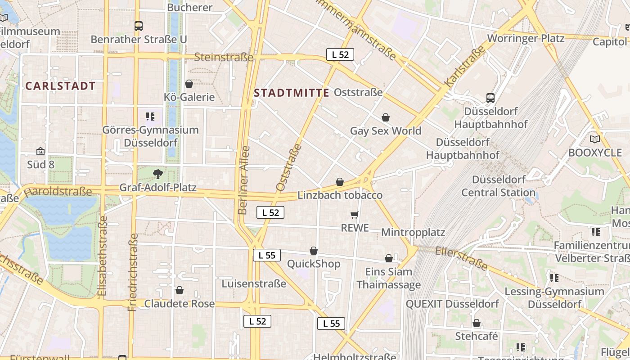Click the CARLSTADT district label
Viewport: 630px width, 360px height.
(x=60, y=86)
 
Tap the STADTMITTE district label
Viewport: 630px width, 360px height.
(x=292, y=93)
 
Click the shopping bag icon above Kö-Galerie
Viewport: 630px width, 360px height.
(x=189, y=84)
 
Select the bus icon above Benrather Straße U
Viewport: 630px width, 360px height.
(x=139, y=26)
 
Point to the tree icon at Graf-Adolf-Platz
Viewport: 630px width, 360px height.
(x=157, y=174)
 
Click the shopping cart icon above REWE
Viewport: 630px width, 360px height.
(x=355, y=215)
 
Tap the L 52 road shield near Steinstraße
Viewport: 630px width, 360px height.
(x=340, y=54)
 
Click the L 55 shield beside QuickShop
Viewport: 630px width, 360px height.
(x=267, y=255)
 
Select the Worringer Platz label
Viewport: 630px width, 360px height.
(x=526, y=38)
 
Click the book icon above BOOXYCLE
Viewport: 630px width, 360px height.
(x=595, y=139)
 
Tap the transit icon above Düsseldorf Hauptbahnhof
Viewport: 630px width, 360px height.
(x=490, y=98)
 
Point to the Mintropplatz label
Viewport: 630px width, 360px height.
(x=413, y=232)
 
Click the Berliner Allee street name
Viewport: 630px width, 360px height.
(x=243, y=180)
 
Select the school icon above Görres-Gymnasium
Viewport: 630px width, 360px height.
(x=150, y=117)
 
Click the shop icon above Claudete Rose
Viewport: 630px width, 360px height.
(x=180, y=290)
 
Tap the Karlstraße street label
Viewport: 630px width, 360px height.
(x=465, y=67)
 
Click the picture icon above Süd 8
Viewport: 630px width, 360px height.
(x=40, y=151)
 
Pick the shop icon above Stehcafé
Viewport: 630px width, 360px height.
(x=477, y=323)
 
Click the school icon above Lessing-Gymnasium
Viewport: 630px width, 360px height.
(x=554, y=278)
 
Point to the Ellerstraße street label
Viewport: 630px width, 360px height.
(x=462, y=258)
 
